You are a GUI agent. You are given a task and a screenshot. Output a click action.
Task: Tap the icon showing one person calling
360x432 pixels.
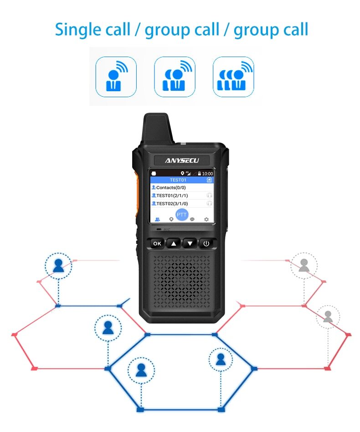tap(116, 77)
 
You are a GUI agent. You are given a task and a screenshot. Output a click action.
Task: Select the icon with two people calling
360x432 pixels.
tap(175, 77)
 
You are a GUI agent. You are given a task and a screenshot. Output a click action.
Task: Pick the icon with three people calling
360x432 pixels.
tap(233, 77)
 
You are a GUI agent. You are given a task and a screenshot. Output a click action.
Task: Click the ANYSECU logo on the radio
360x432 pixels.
tap(182, 160)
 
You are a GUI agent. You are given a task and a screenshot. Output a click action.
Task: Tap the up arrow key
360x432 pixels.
tap(174, 244)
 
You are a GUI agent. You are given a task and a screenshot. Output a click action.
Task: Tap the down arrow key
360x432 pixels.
tap(190, 244)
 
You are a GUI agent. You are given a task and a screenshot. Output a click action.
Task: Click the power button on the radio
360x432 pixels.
tap(206, 244)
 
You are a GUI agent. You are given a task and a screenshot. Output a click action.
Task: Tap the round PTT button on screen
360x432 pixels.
tap(182, 214)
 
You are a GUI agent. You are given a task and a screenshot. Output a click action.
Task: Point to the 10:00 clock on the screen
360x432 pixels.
tap(207, 174)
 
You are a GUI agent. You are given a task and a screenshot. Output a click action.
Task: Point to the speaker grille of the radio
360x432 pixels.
tap(182, 280)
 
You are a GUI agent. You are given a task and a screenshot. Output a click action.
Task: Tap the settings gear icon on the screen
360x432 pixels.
tap(206, 219)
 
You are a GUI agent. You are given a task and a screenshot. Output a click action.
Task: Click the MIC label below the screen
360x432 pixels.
tap(167, 229)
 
